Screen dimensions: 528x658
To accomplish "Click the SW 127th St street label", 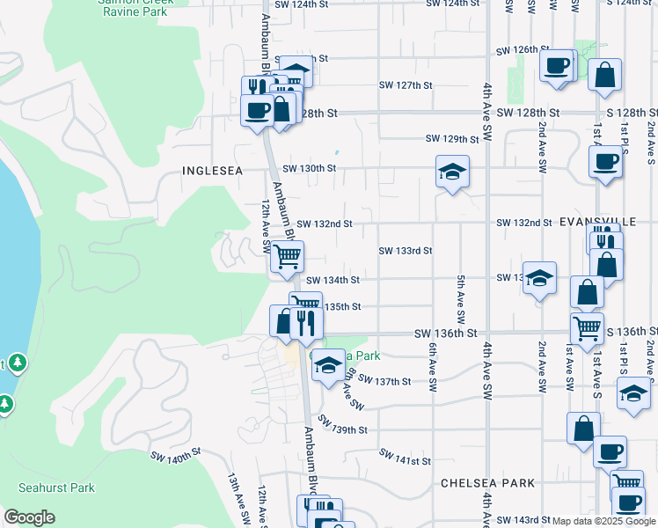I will click(x=406, y=85).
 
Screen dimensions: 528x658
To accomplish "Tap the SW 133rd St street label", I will click(x=405, y=251).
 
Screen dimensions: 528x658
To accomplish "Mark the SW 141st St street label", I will click(x=406, y=458).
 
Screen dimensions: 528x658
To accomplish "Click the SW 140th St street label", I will click(x=176, y=458).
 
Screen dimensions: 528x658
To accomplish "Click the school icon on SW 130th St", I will click(x=452, y=172).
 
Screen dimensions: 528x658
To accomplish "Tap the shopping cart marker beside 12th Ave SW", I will click(x=287, y=256).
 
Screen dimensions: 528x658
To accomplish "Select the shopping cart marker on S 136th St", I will click(x=587, y=329).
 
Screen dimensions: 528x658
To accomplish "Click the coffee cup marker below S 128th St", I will click(x=605, y=162).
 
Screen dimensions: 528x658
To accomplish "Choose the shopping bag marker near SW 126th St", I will click(x=605, y=75).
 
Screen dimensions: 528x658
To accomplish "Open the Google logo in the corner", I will click(x=30, y=517).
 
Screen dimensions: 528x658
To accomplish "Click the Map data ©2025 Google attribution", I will click(x=603, y=521).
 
